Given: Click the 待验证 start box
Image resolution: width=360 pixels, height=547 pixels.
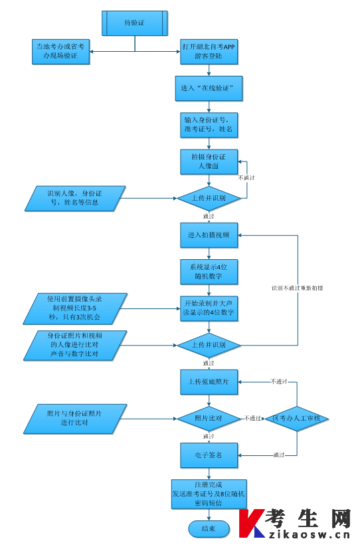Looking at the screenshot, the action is pos(135,23).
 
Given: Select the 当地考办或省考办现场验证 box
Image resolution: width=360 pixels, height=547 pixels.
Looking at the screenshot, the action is pos(60,52).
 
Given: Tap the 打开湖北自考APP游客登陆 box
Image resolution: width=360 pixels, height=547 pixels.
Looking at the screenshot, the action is pos(209,52).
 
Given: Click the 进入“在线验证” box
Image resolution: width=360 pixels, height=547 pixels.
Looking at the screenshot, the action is pos(209,88).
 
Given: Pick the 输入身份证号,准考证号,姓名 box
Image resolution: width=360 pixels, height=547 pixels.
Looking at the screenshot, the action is pos(209,125).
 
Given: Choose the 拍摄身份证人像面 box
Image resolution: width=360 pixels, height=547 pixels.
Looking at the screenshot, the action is pos(209,162).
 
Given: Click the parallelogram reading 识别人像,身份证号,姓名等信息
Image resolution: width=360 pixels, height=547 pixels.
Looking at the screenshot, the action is pos(75,199).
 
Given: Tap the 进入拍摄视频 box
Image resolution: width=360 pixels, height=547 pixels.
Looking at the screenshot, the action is pos(209,235).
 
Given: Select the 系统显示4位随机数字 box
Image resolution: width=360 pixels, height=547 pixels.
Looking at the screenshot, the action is pos(209,272).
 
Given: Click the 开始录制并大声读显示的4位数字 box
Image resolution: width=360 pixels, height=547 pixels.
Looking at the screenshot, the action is pos(209,308).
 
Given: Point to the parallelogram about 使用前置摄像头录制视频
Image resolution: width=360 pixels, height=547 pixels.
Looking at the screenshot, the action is pos(75,309).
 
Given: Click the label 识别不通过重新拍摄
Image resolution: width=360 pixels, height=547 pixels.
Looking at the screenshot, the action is pos(298,288).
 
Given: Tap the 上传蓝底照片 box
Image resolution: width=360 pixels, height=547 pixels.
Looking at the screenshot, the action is pos(209,382).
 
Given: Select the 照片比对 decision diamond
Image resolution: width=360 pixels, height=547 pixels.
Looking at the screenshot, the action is pos(209,419).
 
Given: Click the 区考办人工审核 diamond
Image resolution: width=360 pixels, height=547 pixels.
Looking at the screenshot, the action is pos(297,419).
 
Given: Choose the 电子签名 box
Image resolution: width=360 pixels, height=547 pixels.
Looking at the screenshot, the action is pos(209,455).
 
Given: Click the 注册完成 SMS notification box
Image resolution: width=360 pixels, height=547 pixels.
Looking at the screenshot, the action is pos(209,494).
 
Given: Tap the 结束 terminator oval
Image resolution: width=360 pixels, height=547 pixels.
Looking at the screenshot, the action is pos(209,529).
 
